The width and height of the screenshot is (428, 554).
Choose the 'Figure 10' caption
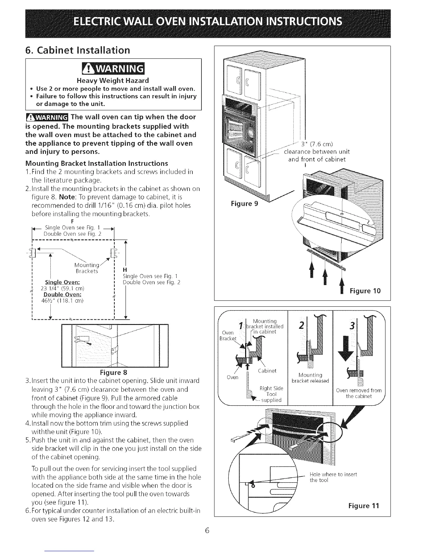point(365,291)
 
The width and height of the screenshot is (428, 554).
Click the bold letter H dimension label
point(125,270)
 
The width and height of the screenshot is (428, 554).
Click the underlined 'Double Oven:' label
point(63,294)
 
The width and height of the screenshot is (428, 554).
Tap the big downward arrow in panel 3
point(347,349)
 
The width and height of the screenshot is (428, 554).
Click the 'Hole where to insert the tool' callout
point(333,477)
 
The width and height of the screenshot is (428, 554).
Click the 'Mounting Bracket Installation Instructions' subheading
point(97,163)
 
